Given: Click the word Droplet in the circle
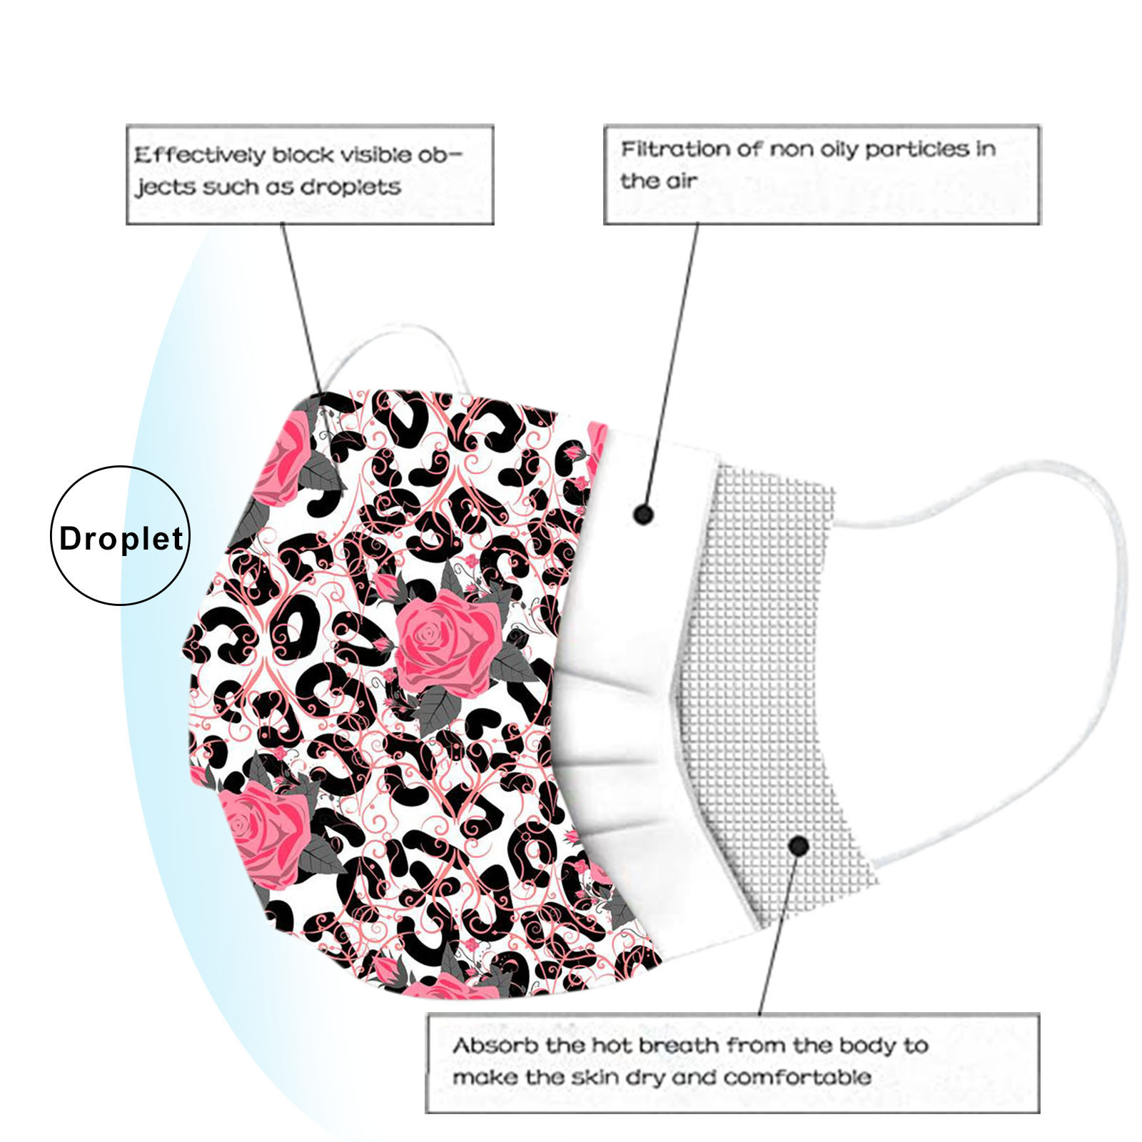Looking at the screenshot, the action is [x=121, y=539].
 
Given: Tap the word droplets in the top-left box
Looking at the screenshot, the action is [x=350, y=188].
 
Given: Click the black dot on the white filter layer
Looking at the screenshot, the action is [x=644, y=514].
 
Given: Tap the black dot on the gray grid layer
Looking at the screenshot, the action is [x=799, y=847].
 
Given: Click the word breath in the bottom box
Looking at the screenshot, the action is [x=678, y=1046].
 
